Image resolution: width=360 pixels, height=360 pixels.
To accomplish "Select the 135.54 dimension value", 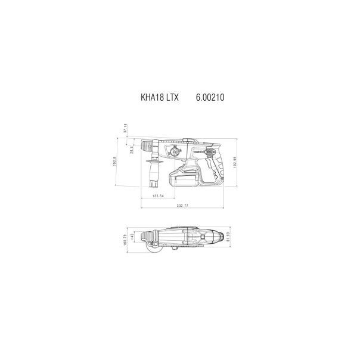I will pyautogui.click(x=158, y=195).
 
